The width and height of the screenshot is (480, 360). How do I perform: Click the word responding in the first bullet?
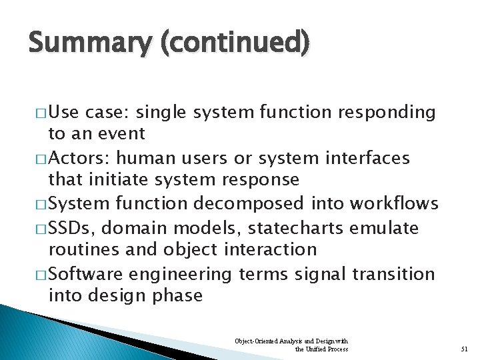[387, 112]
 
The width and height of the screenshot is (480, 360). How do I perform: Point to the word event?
[122, 133]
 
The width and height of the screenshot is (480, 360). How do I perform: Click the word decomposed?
[263, 204]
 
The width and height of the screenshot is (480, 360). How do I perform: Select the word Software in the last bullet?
[93, 274]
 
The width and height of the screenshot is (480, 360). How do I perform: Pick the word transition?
[393, 274]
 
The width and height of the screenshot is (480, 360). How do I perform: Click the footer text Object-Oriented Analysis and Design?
[291, 341]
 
